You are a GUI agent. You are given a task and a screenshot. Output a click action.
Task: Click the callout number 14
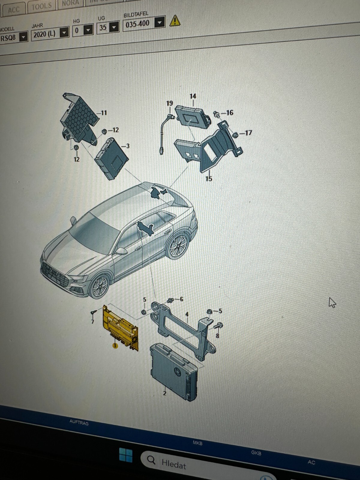coord(193,96)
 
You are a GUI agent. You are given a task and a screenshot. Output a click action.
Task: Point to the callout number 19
coord(169,103)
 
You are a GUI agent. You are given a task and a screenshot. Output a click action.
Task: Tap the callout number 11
coord(104,113)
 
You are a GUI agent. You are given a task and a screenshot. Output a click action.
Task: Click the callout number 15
coord(209,178)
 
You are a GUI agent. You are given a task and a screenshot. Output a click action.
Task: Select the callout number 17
coord(248,133)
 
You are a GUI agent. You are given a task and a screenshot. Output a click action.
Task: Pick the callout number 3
coord(128,146)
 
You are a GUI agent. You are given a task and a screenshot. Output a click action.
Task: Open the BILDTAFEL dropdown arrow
coord(160,22)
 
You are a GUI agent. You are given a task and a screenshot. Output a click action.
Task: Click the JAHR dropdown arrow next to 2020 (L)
coord(64,32)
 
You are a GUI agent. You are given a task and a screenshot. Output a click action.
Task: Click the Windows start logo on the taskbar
coord(126,455)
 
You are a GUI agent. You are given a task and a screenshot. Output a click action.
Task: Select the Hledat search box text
coord(174,464)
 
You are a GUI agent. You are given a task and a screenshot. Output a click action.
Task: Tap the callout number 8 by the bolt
coord(217,335)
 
